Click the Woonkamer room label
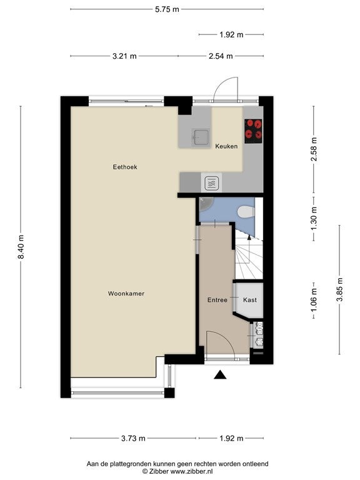(126, 294)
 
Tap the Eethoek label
(125, 167)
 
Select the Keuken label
(226, 146)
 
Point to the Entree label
(217, 300)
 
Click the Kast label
(250, 300)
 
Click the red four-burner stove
(254, 131)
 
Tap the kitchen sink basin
(201, 136)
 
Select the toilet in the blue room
(246, 211)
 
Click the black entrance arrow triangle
(220, 375)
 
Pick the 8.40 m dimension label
(21, 247)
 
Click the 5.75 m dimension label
(167, 9)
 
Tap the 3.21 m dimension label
(124, 56)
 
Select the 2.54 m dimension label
(221, 56)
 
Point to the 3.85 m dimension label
(339, 289)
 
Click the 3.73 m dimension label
(133, 438)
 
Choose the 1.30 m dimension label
(314, 219)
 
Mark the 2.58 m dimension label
(314, 149)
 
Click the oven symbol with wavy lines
(211, 182)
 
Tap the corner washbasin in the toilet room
(205, 204)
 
